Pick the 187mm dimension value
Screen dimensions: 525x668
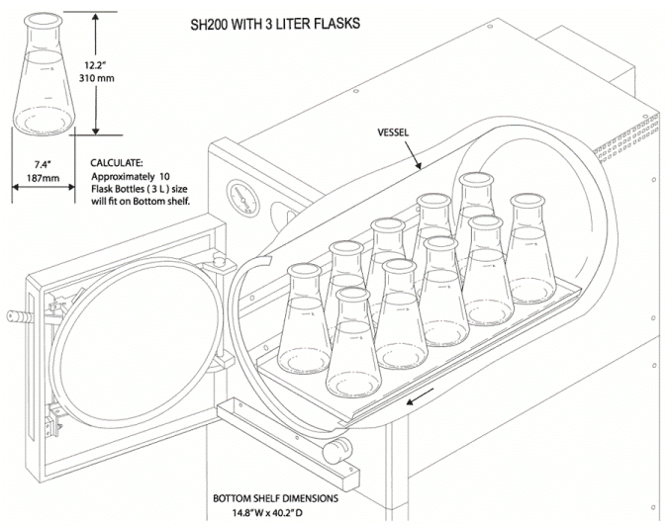42,178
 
